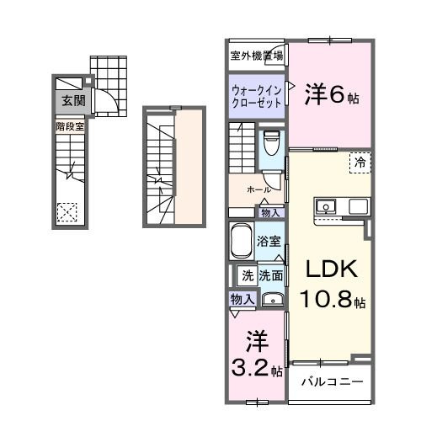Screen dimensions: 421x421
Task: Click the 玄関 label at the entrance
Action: click(x=69, y=101)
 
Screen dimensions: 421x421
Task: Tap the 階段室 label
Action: click(x=69, y=126)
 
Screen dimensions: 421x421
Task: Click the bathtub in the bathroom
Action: click(x=241, y=243)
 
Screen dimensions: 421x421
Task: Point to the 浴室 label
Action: click(x=270, y=241)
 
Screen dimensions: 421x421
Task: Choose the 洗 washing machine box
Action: click(x=248, y=275)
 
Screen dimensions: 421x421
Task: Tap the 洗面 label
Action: click(x=270, y=275)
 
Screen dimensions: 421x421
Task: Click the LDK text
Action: click(x=331, y=271)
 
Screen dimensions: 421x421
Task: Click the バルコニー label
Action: click(x=333, y=381)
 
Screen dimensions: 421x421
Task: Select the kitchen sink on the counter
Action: click(x=326, y=205)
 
